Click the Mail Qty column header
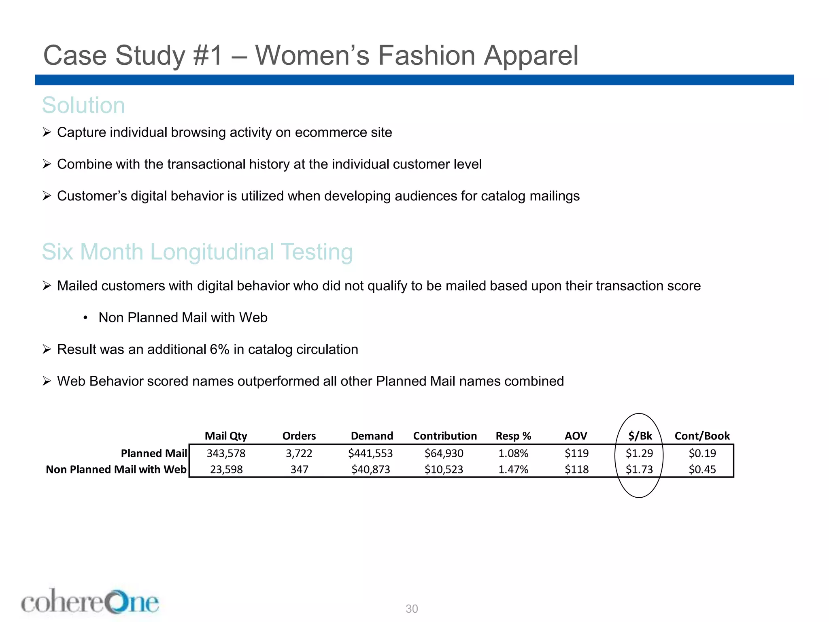pos(226,436)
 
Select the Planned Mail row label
pos(154,453)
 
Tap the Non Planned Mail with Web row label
pos(116,469)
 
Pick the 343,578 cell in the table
pos(226,453)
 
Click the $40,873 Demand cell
pos(371,469)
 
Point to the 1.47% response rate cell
pos(513,469)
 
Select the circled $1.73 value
pos(640,469)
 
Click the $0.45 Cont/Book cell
pos(702,469)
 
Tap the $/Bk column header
pos(640,436)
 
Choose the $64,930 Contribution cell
pos(444,453)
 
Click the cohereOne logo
pos(90,602)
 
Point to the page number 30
pos(412,609)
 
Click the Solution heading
pos(83,105)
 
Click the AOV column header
pos(576,436)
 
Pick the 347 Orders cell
pos(300,469)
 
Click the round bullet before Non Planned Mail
pos(85,318)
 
